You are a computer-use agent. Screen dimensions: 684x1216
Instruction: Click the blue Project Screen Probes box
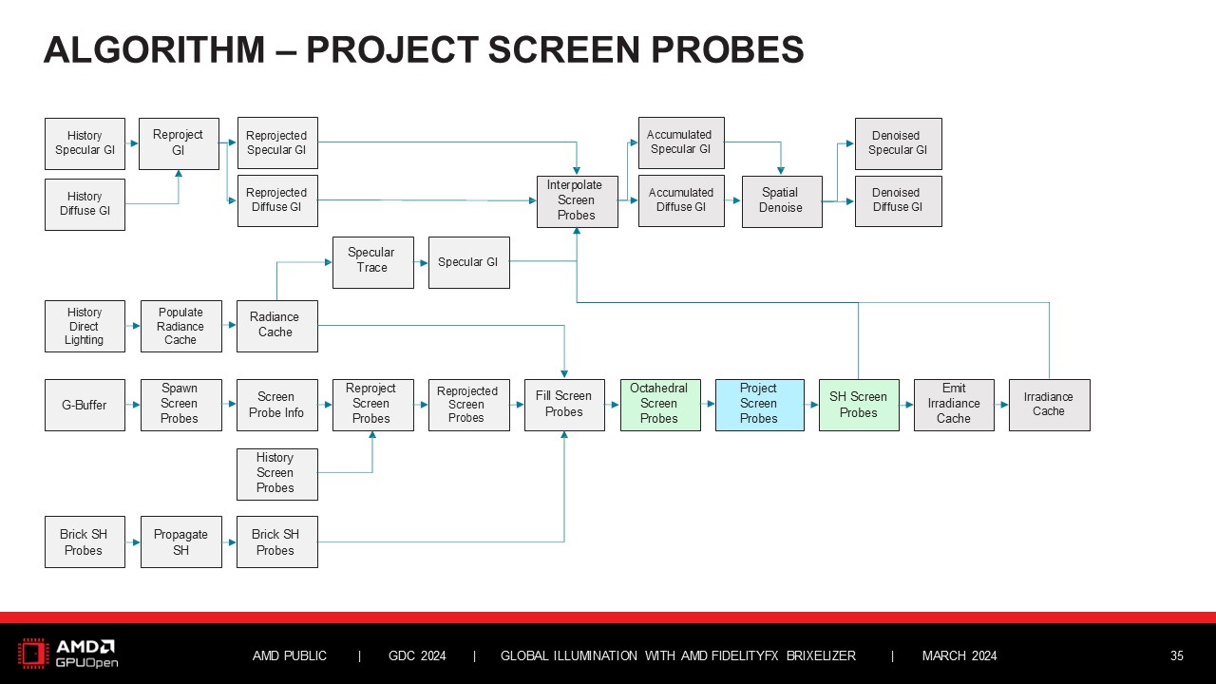point(759,405)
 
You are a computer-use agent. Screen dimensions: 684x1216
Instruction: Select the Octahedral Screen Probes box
point(659,405)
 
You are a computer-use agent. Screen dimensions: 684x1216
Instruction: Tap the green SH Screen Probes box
point(858,405)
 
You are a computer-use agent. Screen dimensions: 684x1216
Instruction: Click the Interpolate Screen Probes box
point(577,201)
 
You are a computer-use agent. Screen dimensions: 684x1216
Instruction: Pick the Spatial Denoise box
point(781,201)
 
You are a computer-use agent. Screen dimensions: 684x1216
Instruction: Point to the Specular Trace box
point(372,261)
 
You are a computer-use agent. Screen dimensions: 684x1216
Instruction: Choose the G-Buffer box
point(85,405)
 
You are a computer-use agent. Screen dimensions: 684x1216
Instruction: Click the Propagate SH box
point(180,542)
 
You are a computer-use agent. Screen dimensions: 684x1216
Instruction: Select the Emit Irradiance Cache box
point(954,405)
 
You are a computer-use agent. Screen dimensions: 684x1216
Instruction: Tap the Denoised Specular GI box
point(898,143)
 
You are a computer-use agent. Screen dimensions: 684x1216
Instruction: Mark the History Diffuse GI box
point(85,204)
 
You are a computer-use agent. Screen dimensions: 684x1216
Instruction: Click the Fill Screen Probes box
point(564,405)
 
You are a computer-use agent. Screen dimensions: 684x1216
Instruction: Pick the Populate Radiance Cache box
point(180,326)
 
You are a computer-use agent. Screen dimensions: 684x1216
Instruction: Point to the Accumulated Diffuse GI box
point(681,200)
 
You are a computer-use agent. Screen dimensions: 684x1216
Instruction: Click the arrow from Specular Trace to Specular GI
point(421,262)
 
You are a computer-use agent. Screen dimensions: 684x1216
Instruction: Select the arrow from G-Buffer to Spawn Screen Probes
point(133,405)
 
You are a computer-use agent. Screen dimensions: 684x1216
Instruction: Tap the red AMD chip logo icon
point(33,654)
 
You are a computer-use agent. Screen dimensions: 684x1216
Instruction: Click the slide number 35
point(1176,655)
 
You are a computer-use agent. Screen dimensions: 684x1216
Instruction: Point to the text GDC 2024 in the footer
point(417,655)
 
